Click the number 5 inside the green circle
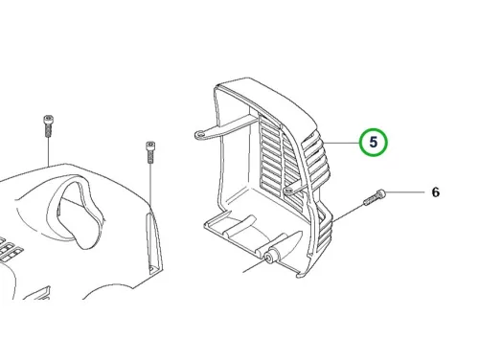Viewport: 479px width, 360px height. pyautogui.click(x=374, y=142)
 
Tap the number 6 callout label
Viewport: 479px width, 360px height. pyautogui.click(x=436, y=192)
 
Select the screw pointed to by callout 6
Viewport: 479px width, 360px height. pyautogui.click(x=375, y=197)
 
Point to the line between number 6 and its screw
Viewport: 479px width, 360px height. pyautogui.click(x=405, y=192)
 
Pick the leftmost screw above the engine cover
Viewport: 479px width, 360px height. pyautogui.click(x=48, y=125)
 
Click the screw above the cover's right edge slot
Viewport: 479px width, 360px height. pyautogui.click(x=150, y=152)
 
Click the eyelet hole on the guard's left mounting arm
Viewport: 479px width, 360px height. pyautogui.click(x=201, y=135)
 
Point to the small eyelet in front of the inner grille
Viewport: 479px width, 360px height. pyautogui.click(x=289, y=191)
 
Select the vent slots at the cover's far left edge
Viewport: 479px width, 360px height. pyautogui.click(x=9, y=247)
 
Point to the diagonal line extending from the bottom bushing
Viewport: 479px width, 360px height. pyautogui.click(x=255, y=265)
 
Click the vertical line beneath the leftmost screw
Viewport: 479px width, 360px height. pyautogui.click(x=48, y=151)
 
